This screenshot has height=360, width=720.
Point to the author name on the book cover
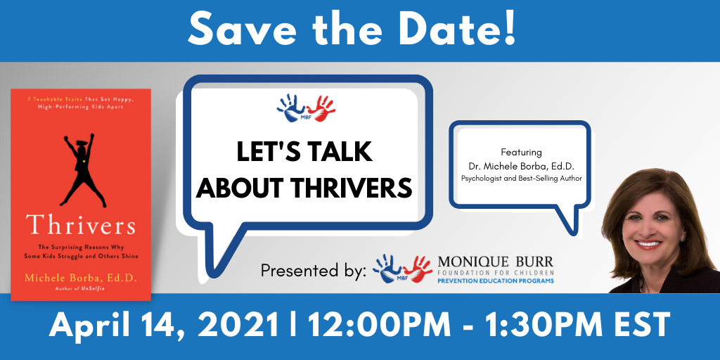[81, 277]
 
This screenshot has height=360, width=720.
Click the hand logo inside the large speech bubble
[306, 109]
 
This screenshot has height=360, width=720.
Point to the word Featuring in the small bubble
[521, 152]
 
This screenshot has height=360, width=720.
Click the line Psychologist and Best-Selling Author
[521, 178]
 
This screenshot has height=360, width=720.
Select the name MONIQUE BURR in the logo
[496, 262]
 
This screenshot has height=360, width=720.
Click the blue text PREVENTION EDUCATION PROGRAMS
[496, 281]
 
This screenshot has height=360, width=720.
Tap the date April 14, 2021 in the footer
[163, 326]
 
